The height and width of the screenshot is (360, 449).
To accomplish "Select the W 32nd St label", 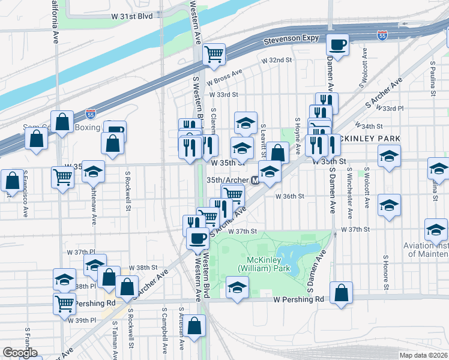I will click(x=276, y=61).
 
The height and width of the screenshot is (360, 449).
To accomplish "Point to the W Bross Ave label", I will click(x=224, y=77).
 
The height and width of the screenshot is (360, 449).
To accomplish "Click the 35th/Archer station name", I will click(x=228, y=179).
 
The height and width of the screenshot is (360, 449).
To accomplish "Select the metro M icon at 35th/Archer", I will click(x=255, y=180).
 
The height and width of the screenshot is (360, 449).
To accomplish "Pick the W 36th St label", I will click(x=290, y=196).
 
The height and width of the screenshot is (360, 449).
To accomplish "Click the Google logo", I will click(x=20, y=353).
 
